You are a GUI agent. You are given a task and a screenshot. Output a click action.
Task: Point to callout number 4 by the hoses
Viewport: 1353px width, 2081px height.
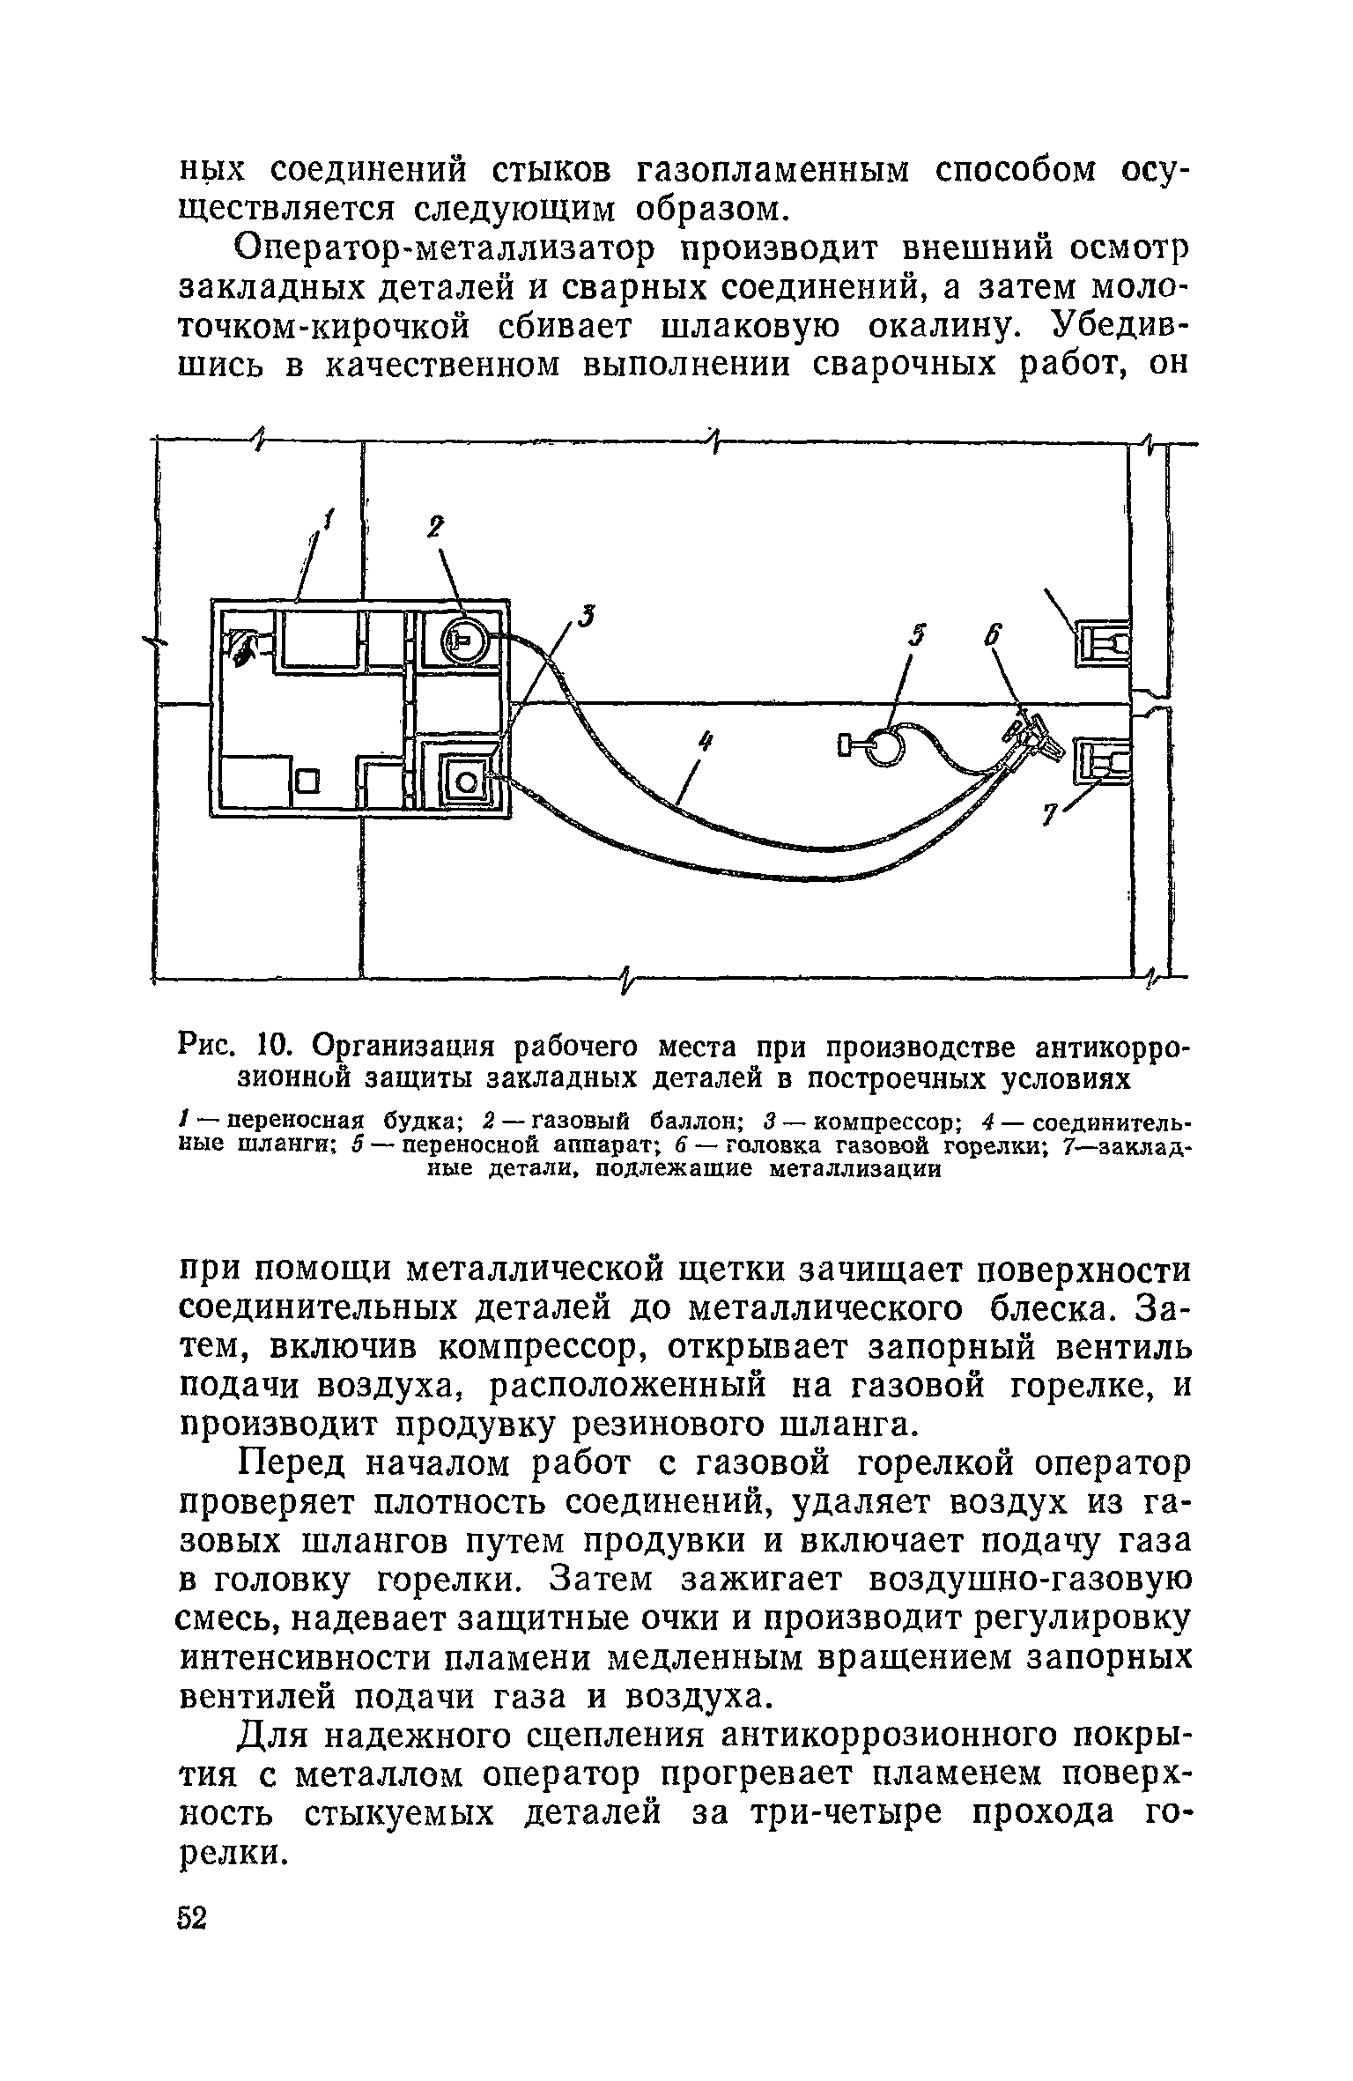coord(704,745)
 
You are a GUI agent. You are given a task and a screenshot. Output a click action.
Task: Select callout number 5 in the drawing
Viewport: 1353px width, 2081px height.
coord(917,637)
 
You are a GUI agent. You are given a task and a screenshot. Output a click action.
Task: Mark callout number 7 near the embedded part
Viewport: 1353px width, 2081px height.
coord(1048,818)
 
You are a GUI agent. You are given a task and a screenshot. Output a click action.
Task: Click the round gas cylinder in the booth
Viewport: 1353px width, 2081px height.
coord(462,641)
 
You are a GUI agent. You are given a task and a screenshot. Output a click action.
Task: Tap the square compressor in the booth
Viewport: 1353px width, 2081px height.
coord(465,780)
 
